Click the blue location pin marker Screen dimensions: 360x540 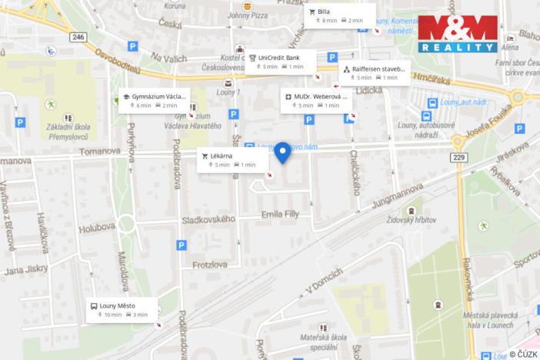coord(282,152)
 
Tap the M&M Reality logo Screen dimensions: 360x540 coord(458,34)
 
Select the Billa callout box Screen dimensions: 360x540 coord(339,16)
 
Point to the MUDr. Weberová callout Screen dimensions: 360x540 coord(316,101)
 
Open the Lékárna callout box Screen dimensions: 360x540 coord(232,159)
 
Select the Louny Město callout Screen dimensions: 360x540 coord(122,309)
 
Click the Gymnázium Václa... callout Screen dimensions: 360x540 coord(154,101)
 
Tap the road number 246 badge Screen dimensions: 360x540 coord(78,36)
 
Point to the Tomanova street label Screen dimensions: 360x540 coord(100,152)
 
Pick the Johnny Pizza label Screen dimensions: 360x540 coord(247,14)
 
